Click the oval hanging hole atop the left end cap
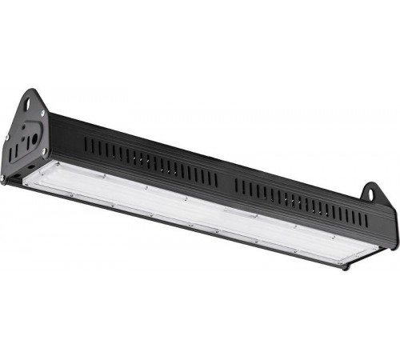(x=34, y=102)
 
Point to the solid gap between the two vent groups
(x=226, y=182)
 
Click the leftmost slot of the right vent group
(x=238, y=185)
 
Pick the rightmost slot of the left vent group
(x=215, y=178)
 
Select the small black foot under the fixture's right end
(x=346, y=267)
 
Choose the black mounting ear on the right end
(x=372, y=194)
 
